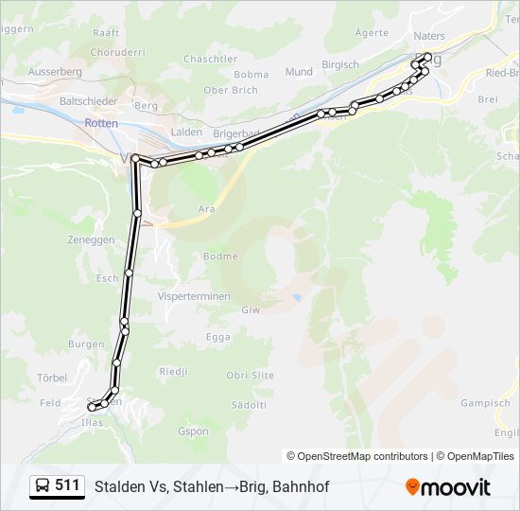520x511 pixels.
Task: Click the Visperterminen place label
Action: (x=196, y=296)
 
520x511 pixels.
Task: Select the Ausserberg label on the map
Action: (x=55, y=71)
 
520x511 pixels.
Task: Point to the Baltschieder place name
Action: (x=88, y=100)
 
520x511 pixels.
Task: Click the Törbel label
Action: (x=52, y=377)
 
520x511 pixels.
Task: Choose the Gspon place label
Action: (x=194, y=432)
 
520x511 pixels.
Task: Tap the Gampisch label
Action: (x=485, y=403)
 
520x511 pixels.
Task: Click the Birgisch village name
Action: (x=340, y=64)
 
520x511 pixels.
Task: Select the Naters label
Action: (x=429, y=36)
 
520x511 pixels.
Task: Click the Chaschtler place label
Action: (x=211, y=59)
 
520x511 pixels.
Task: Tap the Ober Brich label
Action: (x=231, y=90)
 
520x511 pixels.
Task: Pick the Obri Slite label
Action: (x=251, y=376)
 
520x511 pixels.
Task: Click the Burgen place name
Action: (x=86, y=344)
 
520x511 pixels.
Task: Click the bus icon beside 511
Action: (x=43, y=486)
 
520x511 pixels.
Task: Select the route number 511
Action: (x=67, y=485)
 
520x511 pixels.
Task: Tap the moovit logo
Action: (x=448, y=487)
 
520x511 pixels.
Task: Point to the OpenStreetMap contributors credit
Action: (x=357, y=456)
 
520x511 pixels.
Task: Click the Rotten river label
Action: (x=101, y=123)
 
